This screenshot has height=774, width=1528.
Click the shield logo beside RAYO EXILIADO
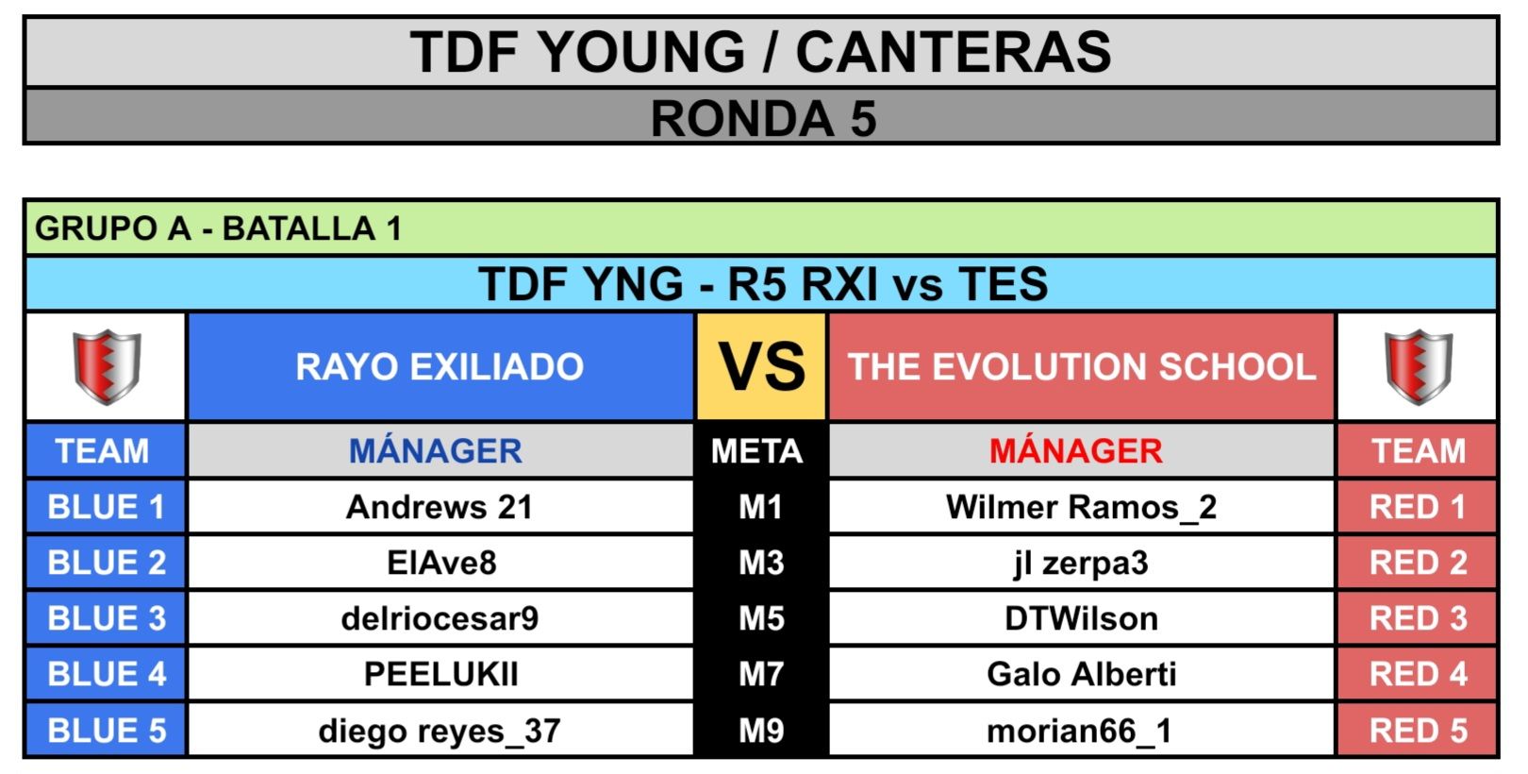click(107, 366)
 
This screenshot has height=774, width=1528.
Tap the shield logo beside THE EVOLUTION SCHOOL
click(1419, 366)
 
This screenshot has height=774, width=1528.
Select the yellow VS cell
click(761, 366)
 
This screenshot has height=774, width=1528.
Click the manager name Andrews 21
click(440, 507)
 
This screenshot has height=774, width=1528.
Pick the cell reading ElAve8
click(441, 564)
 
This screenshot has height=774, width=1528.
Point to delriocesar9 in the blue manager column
click(440, 619)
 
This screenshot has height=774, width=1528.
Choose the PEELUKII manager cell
click(440, 674)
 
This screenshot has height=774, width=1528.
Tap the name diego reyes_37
click(440, 731)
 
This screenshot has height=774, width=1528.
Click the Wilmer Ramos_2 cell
click(1081, 507)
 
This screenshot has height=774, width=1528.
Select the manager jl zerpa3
click(1081, 564)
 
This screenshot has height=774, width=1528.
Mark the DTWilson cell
click(1081, 619)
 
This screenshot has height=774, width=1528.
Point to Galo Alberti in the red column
click(1081, 674)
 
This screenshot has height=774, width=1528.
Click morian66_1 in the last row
click(1080, 731)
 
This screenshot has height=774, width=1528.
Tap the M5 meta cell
click(761, 619)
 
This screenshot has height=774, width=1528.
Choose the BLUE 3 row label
click(107, 619)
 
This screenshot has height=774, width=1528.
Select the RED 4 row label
click(1419, 674)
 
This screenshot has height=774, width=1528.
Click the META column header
click(756, 451)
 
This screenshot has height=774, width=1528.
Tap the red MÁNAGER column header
click(1076, 451)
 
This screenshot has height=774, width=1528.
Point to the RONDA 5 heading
click(763, 118)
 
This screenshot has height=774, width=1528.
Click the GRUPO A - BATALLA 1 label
click(218, 228)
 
